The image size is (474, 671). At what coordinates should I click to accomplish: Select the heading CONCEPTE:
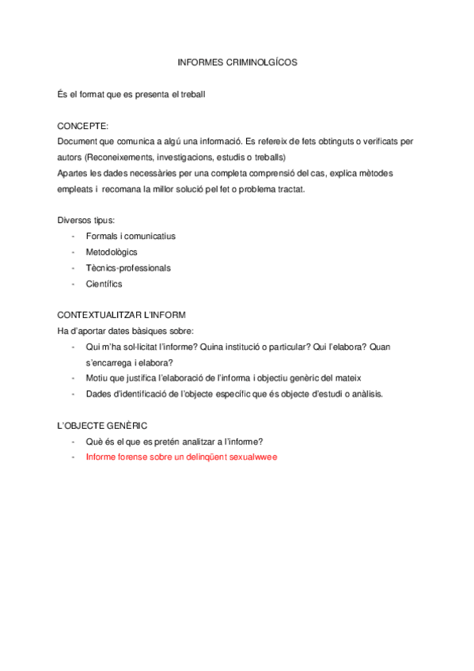83,126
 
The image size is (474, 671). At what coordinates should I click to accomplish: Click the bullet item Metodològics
112,252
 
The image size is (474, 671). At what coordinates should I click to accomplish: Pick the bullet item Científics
104,283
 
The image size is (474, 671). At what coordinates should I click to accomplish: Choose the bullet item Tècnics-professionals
128,267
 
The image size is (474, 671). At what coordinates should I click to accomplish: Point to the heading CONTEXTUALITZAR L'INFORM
122,315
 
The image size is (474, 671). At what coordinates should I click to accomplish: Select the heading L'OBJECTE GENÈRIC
103,426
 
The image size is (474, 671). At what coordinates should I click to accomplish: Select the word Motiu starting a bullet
98,378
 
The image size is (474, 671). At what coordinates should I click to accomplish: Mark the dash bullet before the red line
73,457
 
